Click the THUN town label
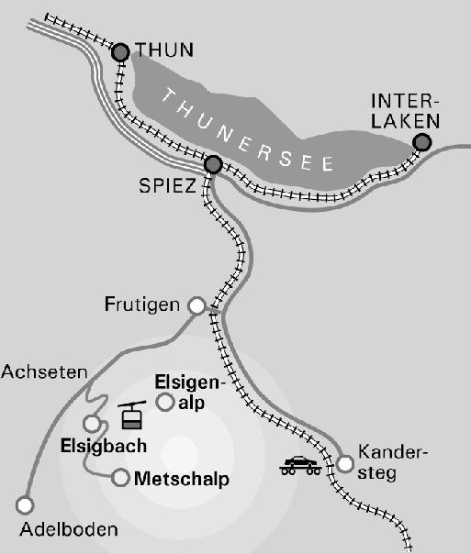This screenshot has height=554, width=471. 159,49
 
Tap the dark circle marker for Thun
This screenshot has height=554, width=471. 120,53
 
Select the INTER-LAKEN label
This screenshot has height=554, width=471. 405,109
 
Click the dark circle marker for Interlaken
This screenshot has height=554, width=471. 421,142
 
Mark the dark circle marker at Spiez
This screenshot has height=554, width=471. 213,165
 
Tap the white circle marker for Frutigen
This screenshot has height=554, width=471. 196,305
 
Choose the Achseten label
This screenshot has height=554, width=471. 44,371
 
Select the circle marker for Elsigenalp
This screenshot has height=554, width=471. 165,402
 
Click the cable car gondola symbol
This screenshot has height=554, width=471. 132,416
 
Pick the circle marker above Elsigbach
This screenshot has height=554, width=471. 92,423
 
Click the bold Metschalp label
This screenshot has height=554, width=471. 181,479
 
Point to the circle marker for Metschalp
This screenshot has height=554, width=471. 120,477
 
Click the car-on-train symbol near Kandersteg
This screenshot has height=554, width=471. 301,465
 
